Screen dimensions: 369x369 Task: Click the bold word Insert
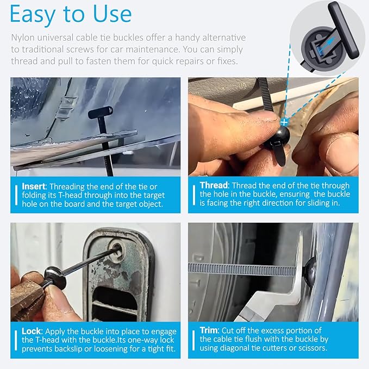coord(34,186)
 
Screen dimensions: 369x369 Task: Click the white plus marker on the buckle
coord(284,123)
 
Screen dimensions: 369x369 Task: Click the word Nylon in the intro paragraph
coord(22,37)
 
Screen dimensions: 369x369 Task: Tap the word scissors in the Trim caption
coord(313,348)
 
